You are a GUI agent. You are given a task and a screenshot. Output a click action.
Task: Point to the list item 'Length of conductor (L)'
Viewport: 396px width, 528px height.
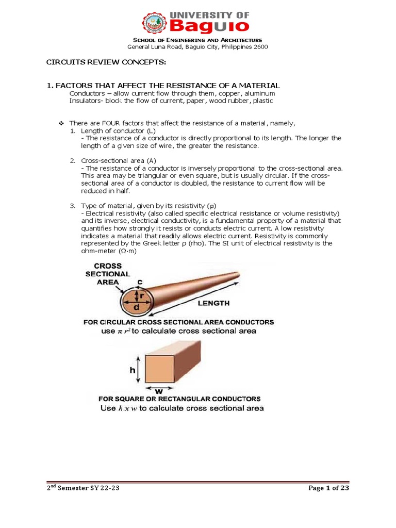click(x=108, y=131)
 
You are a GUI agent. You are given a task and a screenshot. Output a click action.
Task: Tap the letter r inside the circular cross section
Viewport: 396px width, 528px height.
click(x=138, y=295)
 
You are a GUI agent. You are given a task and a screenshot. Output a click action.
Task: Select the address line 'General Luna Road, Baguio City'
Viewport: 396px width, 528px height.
click(x=197, y=47)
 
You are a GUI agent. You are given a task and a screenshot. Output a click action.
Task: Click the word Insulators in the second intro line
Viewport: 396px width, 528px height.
click(x=84, y=101)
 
